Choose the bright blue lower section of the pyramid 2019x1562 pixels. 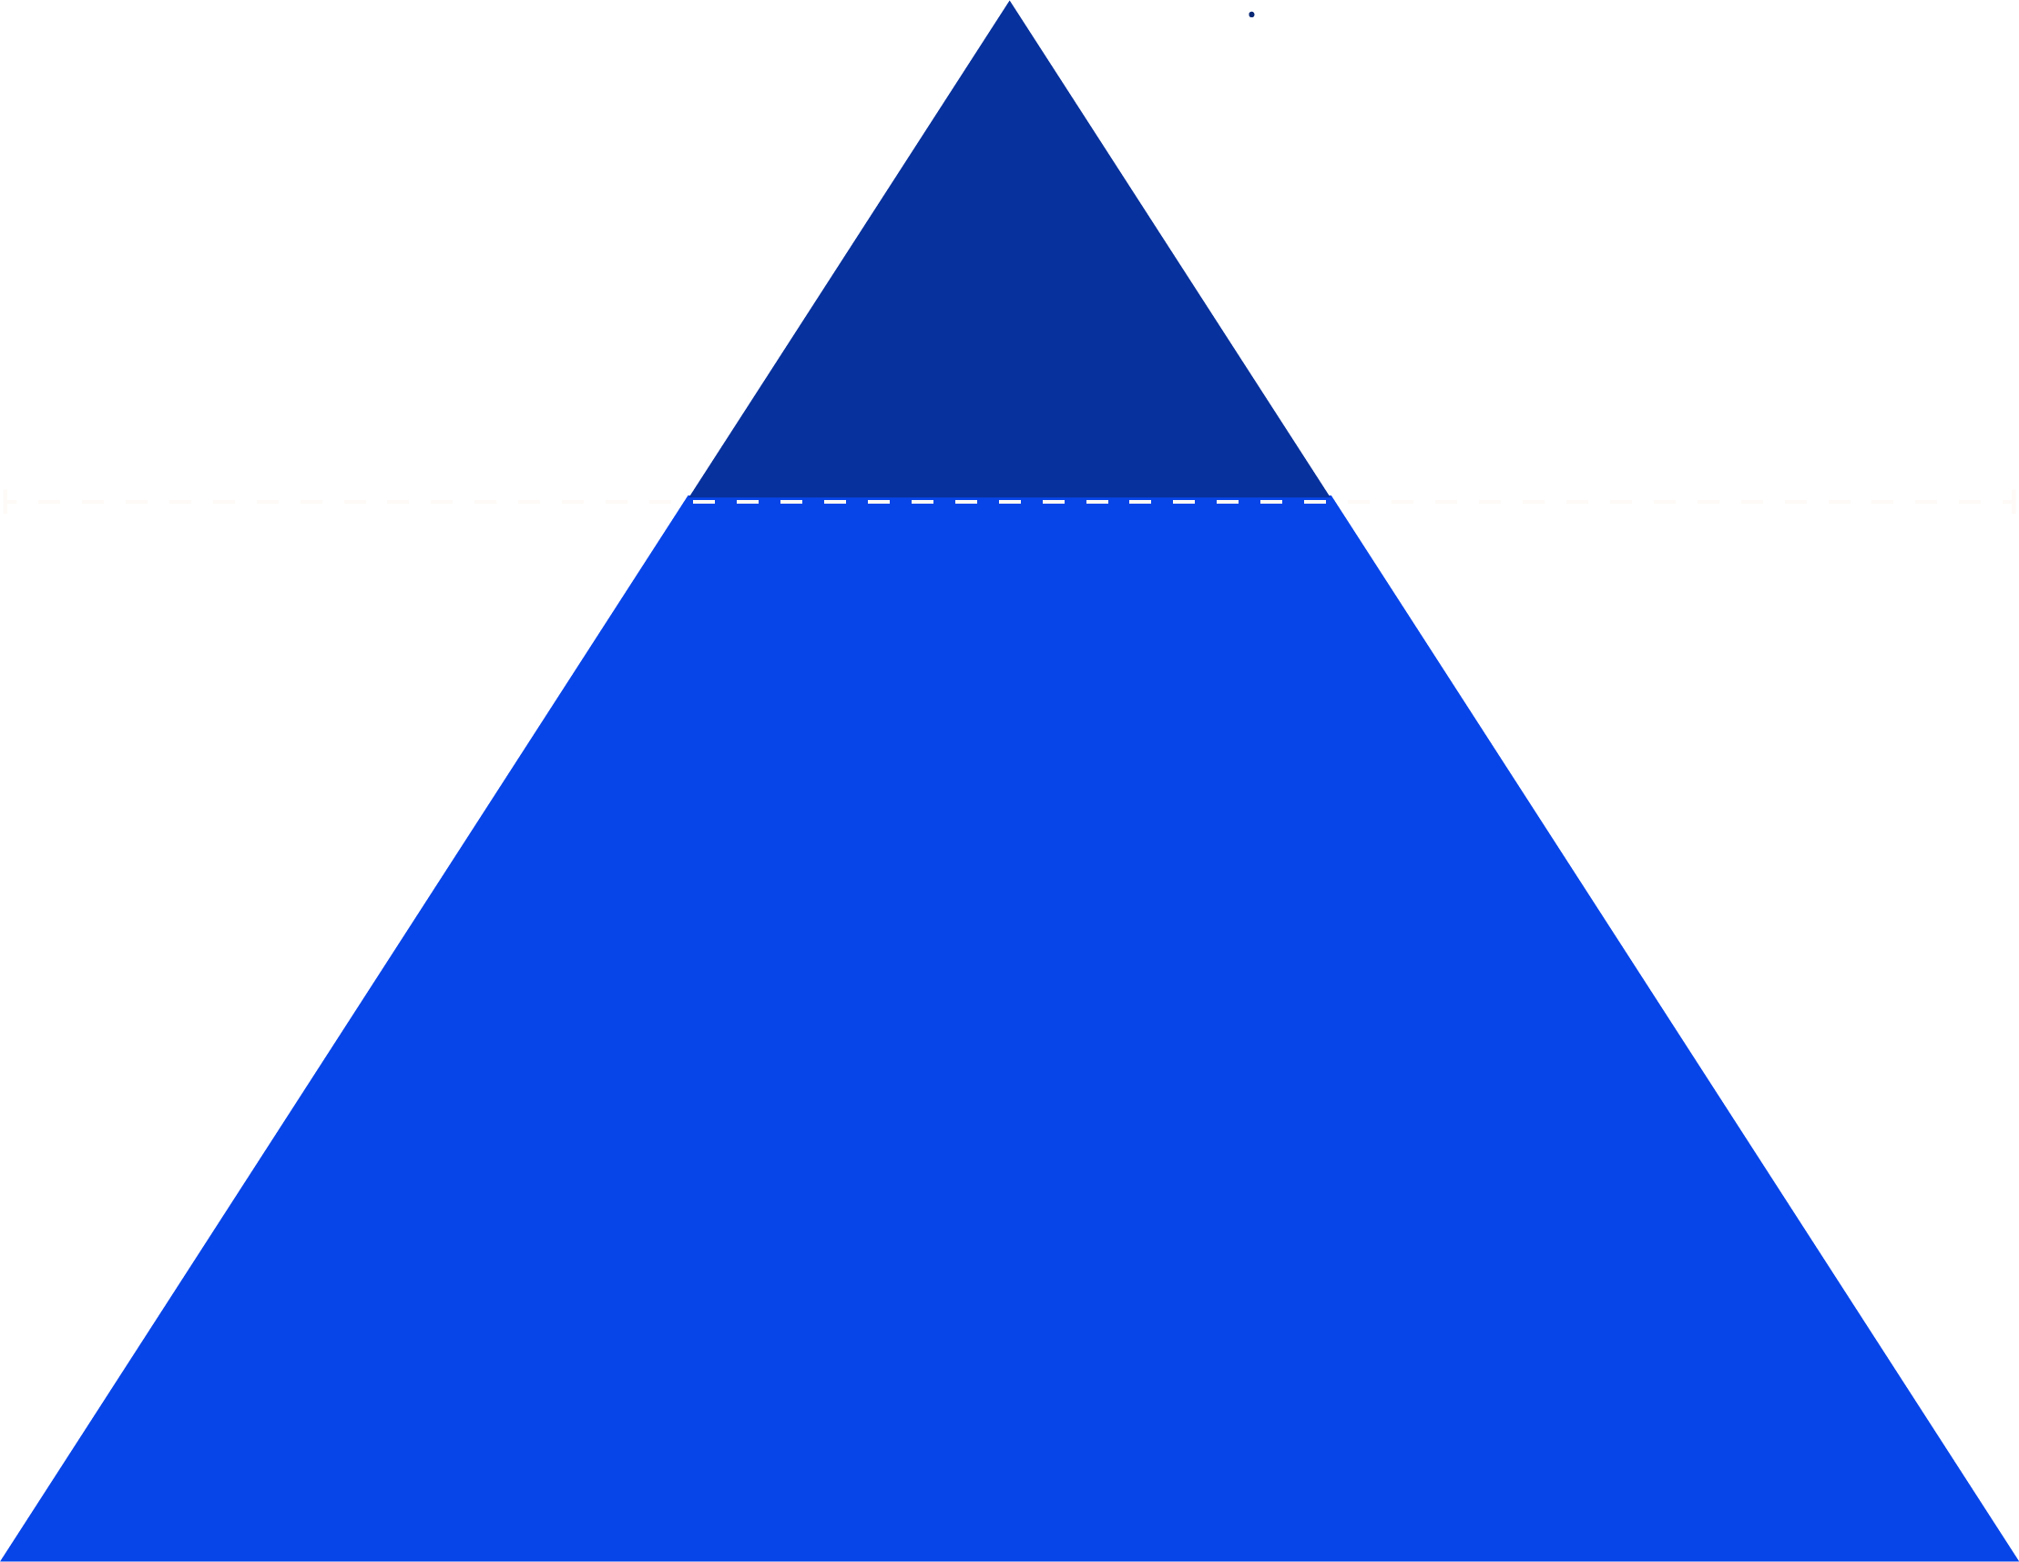1009,1017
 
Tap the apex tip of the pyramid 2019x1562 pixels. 1009,5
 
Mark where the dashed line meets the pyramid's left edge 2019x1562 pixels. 687,502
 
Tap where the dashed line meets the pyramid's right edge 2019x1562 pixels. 1332,502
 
